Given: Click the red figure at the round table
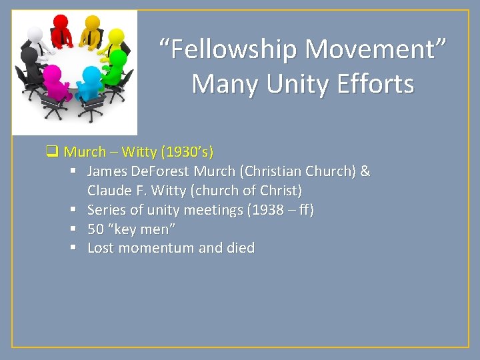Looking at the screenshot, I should click(x=61, y=30).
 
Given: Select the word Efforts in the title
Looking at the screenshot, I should click(x=377, y=85).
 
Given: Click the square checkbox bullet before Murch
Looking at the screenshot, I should click(x=51, y=152).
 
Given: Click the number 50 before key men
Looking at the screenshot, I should click(x=95, y=229).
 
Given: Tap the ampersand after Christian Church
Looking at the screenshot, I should click(x=365, y=171).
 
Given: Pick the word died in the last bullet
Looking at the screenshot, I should click(x=241, y=248).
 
